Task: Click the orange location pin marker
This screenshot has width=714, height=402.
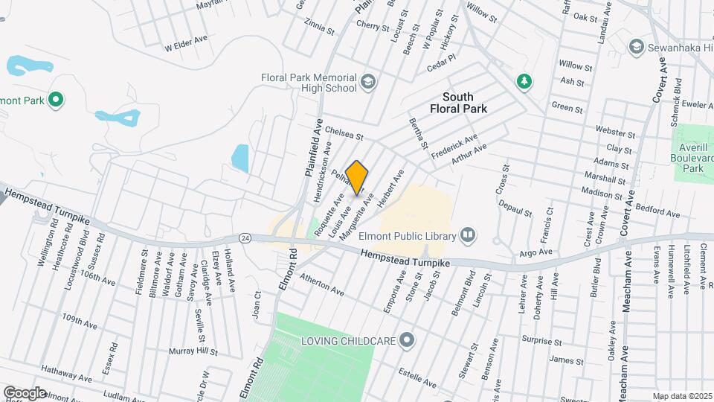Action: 357,177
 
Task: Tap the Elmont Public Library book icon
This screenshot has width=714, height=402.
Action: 468,236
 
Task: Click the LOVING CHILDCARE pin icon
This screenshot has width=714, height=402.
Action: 406,340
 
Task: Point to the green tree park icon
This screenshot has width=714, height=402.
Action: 525,80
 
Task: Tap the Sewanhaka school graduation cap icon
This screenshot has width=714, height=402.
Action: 635,48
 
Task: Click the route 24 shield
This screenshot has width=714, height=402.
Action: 245,237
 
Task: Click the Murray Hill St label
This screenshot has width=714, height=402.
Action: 193,351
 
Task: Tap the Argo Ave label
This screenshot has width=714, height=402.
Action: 535,253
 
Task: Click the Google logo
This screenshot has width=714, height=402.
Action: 25,392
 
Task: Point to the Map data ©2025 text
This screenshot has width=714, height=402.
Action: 682,396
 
